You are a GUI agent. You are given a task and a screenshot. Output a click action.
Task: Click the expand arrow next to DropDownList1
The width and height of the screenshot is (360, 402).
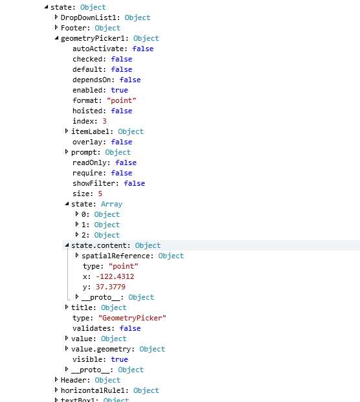click(x=56, y=17)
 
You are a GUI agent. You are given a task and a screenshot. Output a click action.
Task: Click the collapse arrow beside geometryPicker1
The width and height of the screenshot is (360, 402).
click(x=56, y=38)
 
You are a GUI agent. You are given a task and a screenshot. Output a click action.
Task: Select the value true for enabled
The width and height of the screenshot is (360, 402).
click(x=119, y=90)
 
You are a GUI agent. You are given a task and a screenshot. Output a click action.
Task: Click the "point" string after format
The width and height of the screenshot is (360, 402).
click(x=122, y=100)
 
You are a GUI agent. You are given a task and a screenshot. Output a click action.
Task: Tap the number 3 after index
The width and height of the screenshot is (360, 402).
click(x=104, y=121)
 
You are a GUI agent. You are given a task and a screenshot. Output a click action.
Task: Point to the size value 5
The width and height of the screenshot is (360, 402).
click(x=100, y=194)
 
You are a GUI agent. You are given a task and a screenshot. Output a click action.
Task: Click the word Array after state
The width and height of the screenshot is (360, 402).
click(x=111, y=204)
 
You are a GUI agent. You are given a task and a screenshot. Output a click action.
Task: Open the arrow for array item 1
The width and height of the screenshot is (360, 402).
click(x=77, y=225)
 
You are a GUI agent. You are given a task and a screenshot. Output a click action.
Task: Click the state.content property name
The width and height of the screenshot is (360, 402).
click(x=101, y=245)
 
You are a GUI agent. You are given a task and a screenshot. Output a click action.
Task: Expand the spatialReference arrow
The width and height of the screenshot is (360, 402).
click(x=77, y=255)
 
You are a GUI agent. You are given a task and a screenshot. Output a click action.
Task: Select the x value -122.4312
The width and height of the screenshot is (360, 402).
click(x=115, y=276)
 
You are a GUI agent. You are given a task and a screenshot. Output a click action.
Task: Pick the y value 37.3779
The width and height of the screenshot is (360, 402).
click(x=111, y=287)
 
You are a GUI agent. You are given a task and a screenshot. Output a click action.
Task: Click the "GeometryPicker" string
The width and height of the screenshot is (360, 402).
click(x=132, y=318)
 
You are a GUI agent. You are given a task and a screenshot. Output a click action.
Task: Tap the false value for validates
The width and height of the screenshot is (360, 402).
click(x=130, y=328)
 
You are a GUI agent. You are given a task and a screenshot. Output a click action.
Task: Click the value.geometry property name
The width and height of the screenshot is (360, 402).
click(x=103, y=349)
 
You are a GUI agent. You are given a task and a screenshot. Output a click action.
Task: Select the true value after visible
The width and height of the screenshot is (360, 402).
click(x=119, y=359)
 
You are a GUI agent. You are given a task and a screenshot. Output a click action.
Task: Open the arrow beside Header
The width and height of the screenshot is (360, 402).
click(x=56, y=380)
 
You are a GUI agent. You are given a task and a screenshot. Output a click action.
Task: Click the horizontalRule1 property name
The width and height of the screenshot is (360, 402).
click(x=95, y=390)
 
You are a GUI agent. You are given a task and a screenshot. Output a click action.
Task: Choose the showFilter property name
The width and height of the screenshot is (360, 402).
click(x=96, y=183)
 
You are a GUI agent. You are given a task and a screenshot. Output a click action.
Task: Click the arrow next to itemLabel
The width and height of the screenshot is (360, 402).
click(x=67, y=131)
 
